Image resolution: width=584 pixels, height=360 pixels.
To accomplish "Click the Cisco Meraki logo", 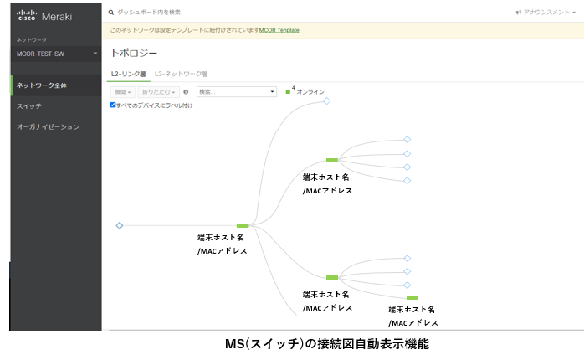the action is (44, 16).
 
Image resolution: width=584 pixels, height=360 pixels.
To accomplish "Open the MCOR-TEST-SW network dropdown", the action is (56, 54).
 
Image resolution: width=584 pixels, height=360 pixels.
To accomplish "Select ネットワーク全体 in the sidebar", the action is (41, 85).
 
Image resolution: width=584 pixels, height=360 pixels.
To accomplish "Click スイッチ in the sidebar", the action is (29, 106).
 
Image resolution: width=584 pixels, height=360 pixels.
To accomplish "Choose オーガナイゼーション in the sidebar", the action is (48, 127).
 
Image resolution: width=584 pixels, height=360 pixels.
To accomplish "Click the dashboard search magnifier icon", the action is (111, 13).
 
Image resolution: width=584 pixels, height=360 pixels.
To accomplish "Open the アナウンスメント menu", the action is (546, 13).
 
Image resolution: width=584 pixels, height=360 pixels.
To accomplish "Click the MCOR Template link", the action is (279, 30).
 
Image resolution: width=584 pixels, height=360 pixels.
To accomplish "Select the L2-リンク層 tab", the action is (129, 74).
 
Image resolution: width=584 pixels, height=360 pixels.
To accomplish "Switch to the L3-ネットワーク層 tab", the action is (182, 74).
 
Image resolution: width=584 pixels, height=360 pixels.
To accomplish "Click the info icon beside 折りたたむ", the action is (186, 92).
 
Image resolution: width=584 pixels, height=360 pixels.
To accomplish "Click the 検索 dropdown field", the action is (237, 92).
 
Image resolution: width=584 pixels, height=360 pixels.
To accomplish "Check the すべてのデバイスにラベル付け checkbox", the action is (113, 105).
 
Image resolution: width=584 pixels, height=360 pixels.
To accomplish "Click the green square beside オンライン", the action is (288, 92).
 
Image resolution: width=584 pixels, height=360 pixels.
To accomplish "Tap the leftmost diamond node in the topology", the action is (120, 225).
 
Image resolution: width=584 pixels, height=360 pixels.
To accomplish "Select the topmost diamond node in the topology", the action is (326, 101).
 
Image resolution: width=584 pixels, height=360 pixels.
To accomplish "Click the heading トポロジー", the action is (134, 54).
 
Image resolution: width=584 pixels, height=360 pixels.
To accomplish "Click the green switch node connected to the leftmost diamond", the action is (243, 225).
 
